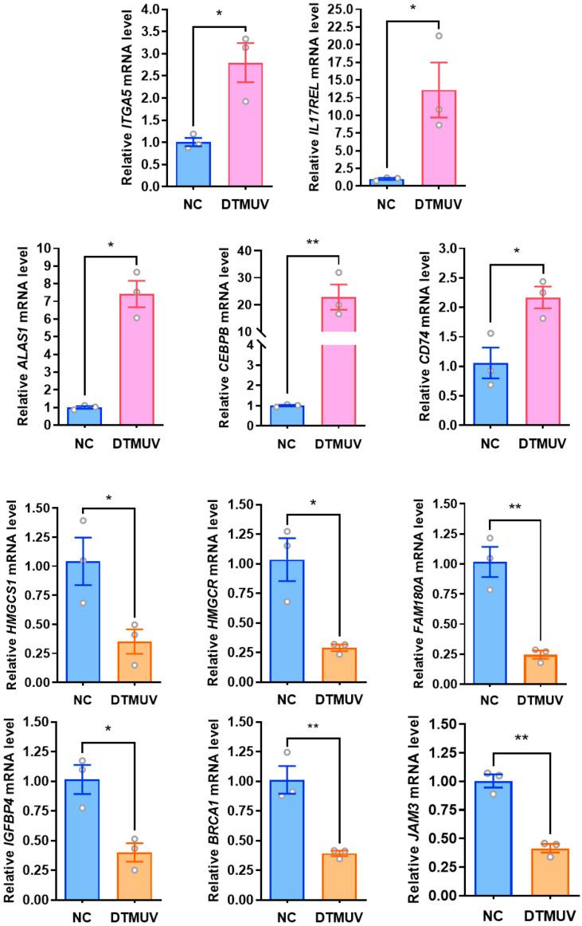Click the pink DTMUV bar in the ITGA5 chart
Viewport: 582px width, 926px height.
pos(245,128)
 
